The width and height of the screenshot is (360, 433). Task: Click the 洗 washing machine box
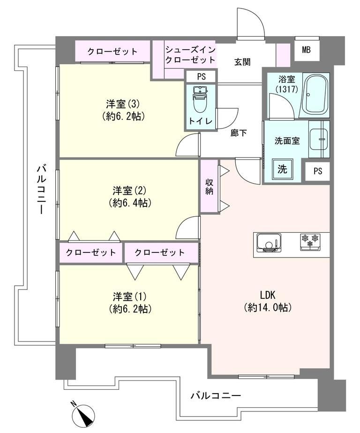pyautogui.click(x=283, y=169)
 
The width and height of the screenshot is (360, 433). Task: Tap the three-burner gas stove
pyautogui.click(x=310, y=241)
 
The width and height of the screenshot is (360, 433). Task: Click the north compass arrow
pyautogui.click(x=84, y=414)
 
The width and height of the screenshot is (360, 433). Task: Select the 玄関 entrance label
pyautogui.click(x=242, y=61)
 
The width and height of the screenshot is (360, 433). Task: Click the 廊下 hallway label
pyautogui.click(x=239, y=133)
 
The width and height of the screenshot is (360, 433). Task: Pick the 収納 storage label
pyautogui.click(x=210, y=186)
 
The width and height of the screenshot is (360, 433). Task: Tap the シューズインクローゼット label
pyautogui.click(x=190, y=54)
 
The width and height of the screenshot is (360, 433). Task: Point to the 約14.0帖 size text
pyautogui.click(x=268, y=308)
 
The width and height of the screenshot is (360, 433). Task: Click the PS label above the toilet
pyautogui.click(x=201, y=76)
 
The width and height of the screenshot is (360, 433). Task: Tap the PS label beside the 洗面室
pyautogui.click(x=318, y=171)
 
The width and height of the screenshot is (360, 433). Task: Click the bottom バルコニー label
pyautogui.click(x=216, y=396)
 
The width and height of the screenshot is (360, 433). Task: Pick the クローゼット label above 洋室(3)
pyautogui.click(x=112, y=51)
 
